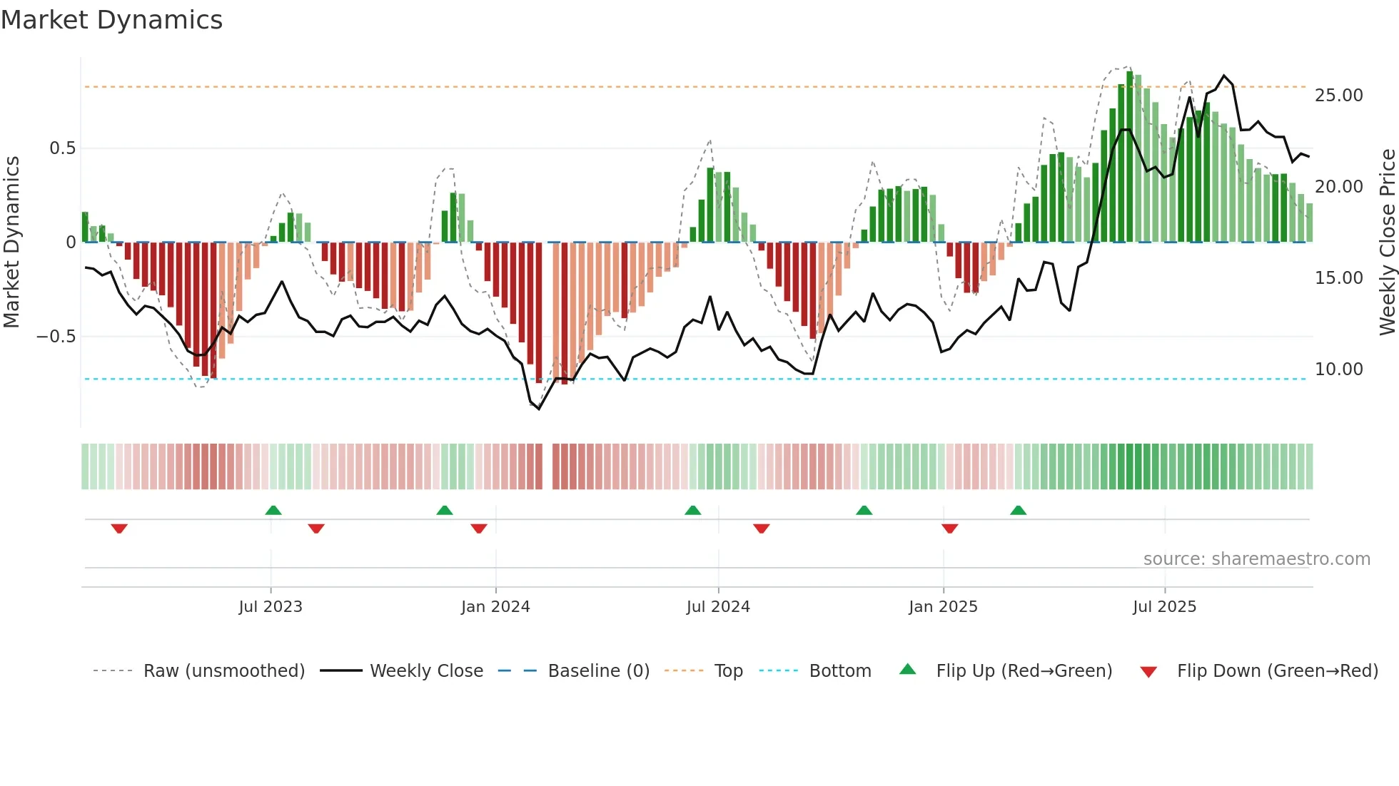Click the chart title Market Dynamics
coord(112,20)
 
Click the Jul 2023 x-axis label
coord(271,607)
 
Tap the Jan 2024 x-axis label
coord(495,607)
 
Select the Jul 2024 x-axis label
coord(718,607)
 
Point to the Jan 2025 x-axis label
coord(943,607)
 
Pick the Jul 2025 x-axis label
coord(1164,607)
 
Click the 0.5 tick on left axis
coord(62,148)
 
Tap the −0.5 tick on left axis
coord(56,337)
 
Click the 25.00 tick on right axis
coord(1338,96)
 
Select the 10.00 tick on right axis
coord(1338,369)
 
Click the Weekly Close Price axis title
coord(1387,243)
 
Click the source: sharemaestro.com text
coord(1256,559)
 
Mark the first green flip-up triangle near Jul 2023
coord(273,510)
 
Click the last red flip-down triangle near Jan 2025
coord(949,529)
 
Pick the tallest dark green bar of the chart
coord(1130,157)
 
